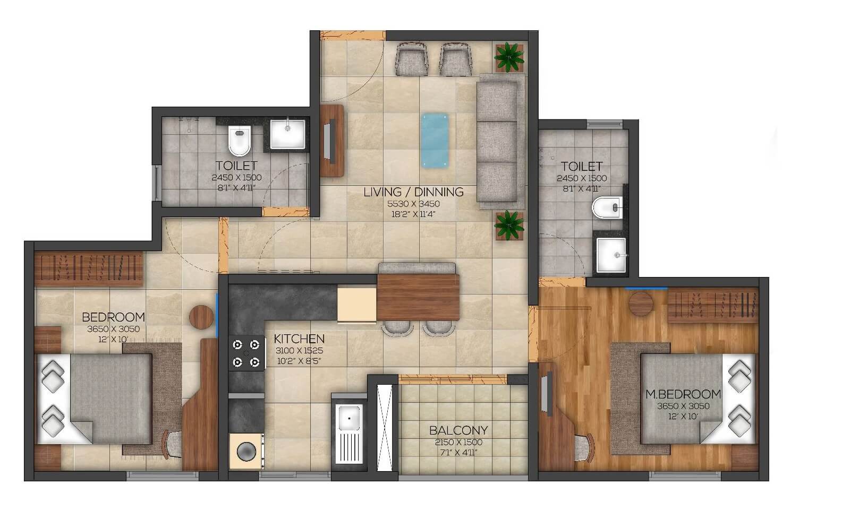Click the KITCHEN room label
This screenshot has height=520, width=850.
pyautogui.click(x=299, y=339)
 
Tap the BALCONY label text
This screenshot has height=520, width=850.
pyautogui.click(x=458, y=430)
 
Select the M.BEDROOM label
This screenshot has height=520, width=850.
pyautogui.click(x=683, y=394)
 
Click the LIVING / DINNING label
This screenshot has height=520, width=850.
pyautogui.click(x=413, y=192)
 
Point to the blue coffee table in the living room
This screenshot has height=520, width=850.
pyautogui.click(x=435, y=140)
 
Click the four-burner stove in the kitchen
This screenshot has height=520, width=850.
pyautogui.click(x=247, y=353)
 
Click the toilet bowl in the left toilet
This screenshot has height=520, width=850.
pyautogui.click(x=240, y=140)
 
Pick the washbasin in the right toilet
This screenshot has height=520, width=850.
pyautogui.click(x=611, y=255)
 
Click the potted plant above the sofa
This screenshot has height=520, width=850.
pyautogui.click(x=509, y=57)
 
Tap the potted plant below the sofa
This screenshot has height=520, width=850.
pyautogui.click(x=509, y=225)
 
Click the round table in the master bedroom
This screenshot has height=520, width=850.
pyautogui.click(x=641, y=304)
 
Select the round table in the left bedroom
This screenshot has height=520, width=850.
pyautogui.click(x=201, y=317)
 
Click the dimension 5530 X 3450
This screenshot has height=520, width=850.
pyautogui.click(x=413, y=204)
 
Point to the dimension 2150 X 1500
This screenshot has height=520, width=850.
pyautogui.click(x=458, y=442)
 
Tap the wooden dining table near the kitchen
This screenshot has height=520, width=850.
pyautogui.click(x=418, y=297)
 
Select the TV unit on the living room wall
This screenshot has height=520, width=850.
pyautogui.click(x=332, y=140)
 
